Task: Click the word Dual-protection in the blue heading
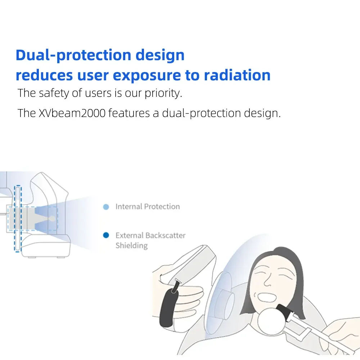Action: click(73, 55)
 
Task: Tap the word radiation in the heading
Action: click(237, 75)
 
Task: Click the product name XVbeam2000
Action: click(72, 113)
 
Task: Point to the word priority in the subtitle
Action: click(163, 94)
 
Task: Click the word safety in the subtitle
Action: click(54, 93)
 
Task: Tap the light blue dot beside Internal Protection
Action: click(106, 207)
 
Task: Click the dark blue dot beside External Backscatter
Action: click(106, 235)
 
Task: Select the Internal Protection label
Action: click(148, 207)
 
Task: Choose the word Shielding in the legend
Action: click(131, 246)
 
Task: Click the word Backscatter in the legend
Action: click(165, 235)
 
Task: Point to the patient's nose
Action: click(267, 279)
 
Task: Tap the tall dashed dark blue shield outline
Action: click(18, 219)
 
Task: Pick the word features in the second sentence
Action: click(129, 113)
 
